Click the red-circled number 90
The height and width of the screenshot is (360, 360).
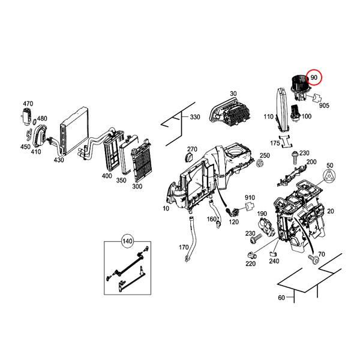click(x=314, y=78)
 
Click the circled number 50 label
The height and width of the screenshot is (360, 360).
click(x=329, y=165)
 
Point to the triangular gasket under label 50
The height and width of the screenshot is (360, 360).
click(x=329, y=176)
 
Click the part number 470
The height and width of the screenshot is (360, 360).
click(x=28, y=104)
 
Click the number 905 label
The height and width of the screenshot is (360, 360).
click(x=325, y=105)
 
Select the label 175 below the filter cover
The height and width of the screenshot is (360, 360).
click(x=275, y=143)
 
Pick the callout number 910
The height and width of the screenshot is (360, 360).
click(x=250, y=198)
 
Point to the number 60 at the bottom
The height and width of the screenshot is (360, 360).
click(x=282, y=298)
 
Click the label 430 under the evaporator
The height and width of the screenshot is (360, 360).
click(x=58, y=160)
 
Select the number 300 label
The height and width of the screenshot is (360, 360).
click(x=137, y=187)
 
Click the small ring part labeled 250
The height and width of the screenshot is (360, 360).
click(x=260, y=164)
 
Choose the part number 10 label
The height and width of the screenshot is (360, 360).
click(x=166, y=208)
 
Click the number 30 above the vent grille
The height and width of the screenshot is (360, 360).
click(x=233, y=94)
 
